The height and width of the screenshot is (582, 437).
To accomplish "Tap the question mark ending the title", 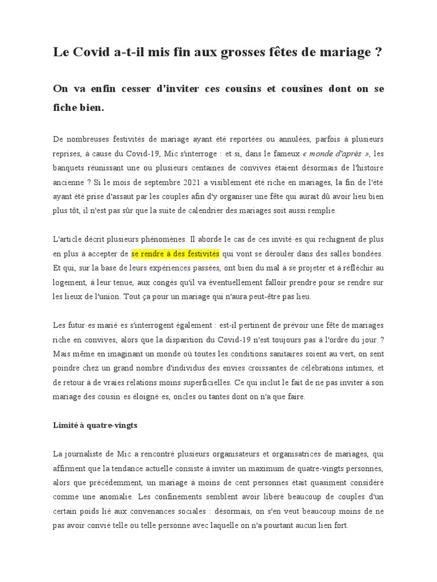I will pos(378,53).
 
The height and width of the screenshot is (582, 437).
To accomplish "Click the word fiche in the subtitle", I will pos(66,107).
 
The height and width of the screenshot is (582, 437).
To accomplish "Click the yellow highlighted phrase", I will pos(175,253).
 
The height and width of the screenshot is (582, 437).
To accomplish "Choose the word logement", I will pos(69,282).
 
